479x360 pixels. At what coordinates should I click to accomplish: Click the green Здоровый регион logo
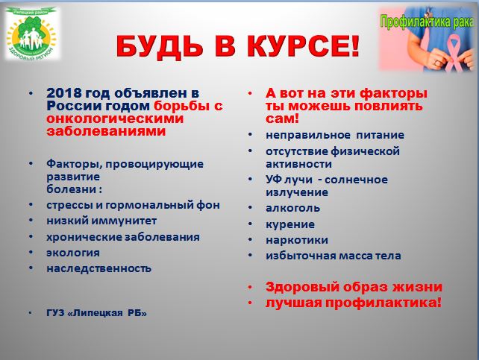click(x=32, y=34)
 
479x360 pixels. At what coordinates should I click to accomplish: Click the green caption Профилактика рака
click(x=428, y=22)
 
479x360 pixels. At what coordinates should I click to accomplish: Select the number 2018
click(x=64, y=93)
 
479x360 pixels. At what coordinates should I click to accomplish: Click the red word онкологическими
click(x=115, y=119)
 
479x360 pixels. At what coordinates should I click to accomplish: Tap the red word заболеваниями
click(x=106, y=131)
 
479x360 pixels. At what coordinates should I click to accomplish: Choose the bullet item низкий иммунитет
click(x=101, y=221)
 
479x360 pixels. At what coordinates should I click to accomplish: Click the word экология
click(x=73, y=253)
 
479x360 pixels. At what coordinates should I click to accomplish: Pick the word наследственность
click(x=98, y=268)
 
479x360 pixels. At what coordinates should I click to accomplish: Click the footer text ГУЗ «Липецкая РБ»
click(x=96, y=313)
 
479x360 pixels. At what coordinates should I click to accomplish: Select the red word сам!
click(x=282, y=119)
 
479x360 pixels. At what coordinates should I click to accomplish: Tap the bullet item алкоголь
click(x=292, y=208)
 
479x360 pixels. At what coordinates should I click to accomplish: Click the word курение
click(x=290, y=224)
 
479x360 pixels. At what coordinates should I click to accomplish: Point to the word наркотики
click(x=297, y=240)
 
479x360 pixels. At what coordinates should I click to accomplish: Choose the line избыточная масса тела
click(x=334, y=256)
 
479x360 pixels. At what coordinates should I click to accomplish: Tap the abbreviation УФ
click(x=274, y=180)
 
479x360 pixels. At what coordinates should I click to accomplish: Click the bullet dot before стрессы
click(x=31, y=205)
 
